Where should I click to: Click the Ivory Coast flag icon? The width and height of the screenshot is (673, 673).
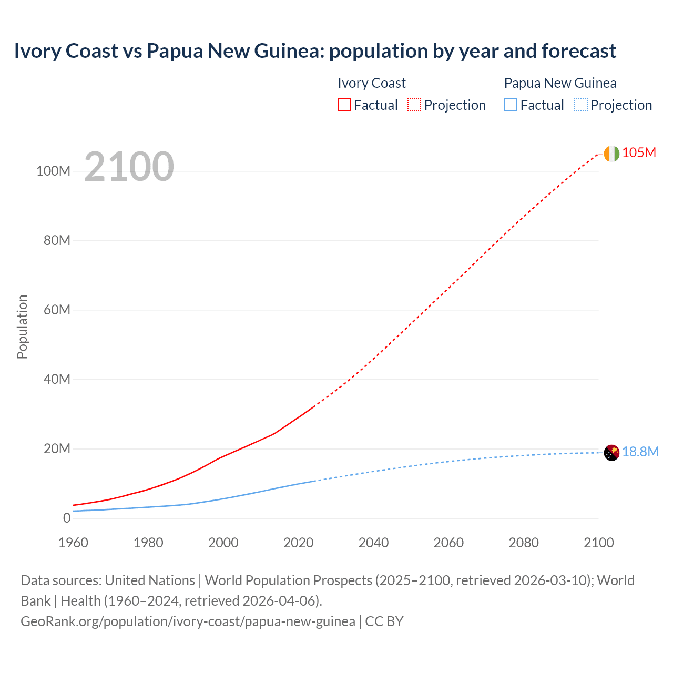click(x=611, y=154)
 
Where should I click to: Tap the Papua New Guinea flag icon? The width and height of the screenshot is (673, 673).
click(x=611, y=452)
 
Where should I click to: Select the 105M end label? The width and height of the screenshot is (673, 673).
click(x=639, y=152)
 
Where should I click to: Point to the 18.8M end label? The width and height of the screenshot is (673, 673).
click(x=640, y=452)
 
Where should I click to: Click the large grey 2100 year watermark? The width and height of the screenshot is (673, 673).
click(x=129, y=167)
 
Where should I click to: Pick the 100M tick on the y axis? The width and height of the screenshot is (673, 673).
click(x=53, y=171)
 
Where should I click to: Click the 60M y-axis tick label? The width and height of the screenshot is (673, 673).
click(x=57, y=310)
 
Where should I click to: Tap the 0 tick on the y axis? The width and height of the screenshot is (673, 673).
click(x=66, y=518)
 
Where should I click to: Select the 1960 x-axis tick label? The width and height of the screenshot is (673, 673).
click(x=73, y=543)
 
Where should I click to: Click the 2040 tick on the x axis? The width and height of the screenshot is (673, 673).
click(x=373, y=543)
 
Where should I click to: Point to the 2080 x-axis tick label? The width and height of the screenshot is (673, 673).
click(x=524, y=543)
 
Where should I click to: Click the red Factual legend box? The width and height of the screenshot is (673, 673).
click(x=344, y=105)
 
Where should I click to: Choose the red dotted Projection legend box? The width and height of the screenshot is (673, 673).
click(x=414, y=105)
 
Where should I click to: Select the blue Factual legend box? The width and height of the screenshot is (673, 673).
click(x=510, y=105)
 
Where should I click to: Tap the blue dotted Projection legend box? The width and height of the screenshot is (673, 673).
click(x=580, y=105)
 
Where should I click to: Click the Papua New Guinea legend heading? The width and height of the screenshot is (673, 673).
click(x=560, y=83)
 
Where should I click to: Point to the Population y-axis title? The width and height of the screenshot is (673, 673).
click(x=22, y=327)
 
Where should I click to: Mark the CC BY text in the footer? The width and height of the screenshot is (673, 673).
click(x=384, y=621)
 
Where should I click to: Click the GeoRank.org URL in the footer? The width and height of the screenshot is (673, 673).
click(x=188, y=621)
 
